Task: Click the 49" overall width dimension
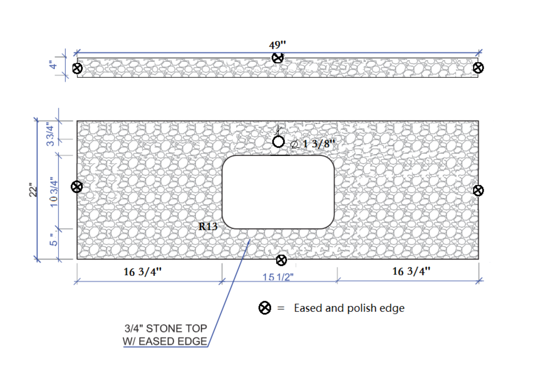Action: (277, 45)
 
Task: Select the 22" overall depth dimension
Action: (33, 190)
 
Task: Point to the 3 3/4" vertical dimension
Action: (50, 134)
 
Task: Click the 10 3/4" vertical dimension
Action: (54, 192)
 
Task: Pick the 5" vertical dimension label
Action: (53, 240)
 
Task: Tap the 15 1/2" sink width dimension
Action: (278, 277)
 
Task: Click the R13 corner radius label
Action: (208, 226)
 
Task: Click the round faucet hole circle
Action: (278, 142)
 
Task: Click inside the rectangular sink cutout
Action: (278, 192)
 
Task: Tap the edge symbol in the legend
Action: (265, 308)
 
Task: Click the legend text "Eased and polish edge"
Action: (349, 308)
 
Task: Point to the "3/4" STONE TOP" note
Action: (166, 329)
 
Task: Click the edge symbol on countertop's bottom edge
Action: (281, 260)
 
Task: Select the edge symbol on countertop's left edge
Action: (77, 187)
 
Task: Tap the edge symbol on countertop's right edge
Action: (478, 190)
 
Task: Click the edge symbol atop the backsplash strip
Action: (278, 58)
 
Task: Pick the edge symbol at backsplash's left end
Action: (77, 68)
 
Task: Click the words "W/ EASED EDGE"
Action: (165, 341)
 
